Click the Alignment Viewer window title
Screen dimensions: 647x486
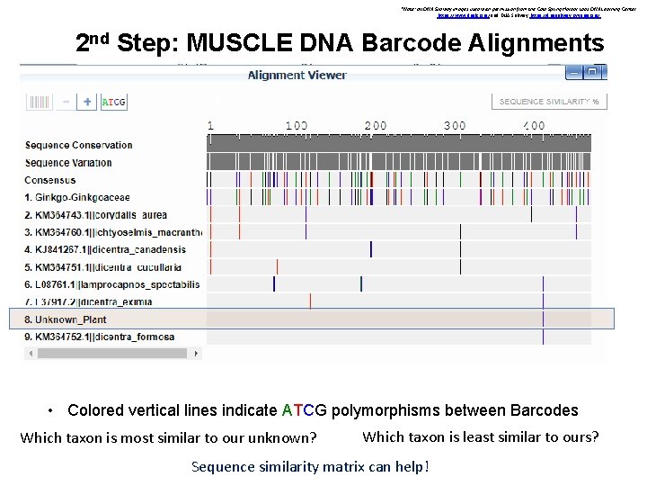(297, 75)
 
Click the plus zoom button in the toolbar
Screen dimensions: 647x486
(87, 102)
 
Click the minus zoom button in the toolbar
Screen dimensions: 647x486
(66, 102)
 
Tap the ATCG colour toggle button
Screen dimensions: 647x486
(114, 102)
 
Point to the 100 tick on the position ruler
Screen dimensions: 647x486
(297, 126)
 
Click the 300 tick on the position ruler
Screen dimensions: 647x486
(455, 126)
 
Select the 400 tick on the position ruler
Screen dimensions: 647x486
(534, 126)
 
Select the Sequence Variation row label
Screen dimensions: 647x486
(69, 163)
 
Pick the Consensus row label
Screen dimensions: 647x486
(50, 180)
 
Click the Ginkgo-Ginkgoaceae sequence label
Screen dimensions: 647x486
(77, 197)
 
